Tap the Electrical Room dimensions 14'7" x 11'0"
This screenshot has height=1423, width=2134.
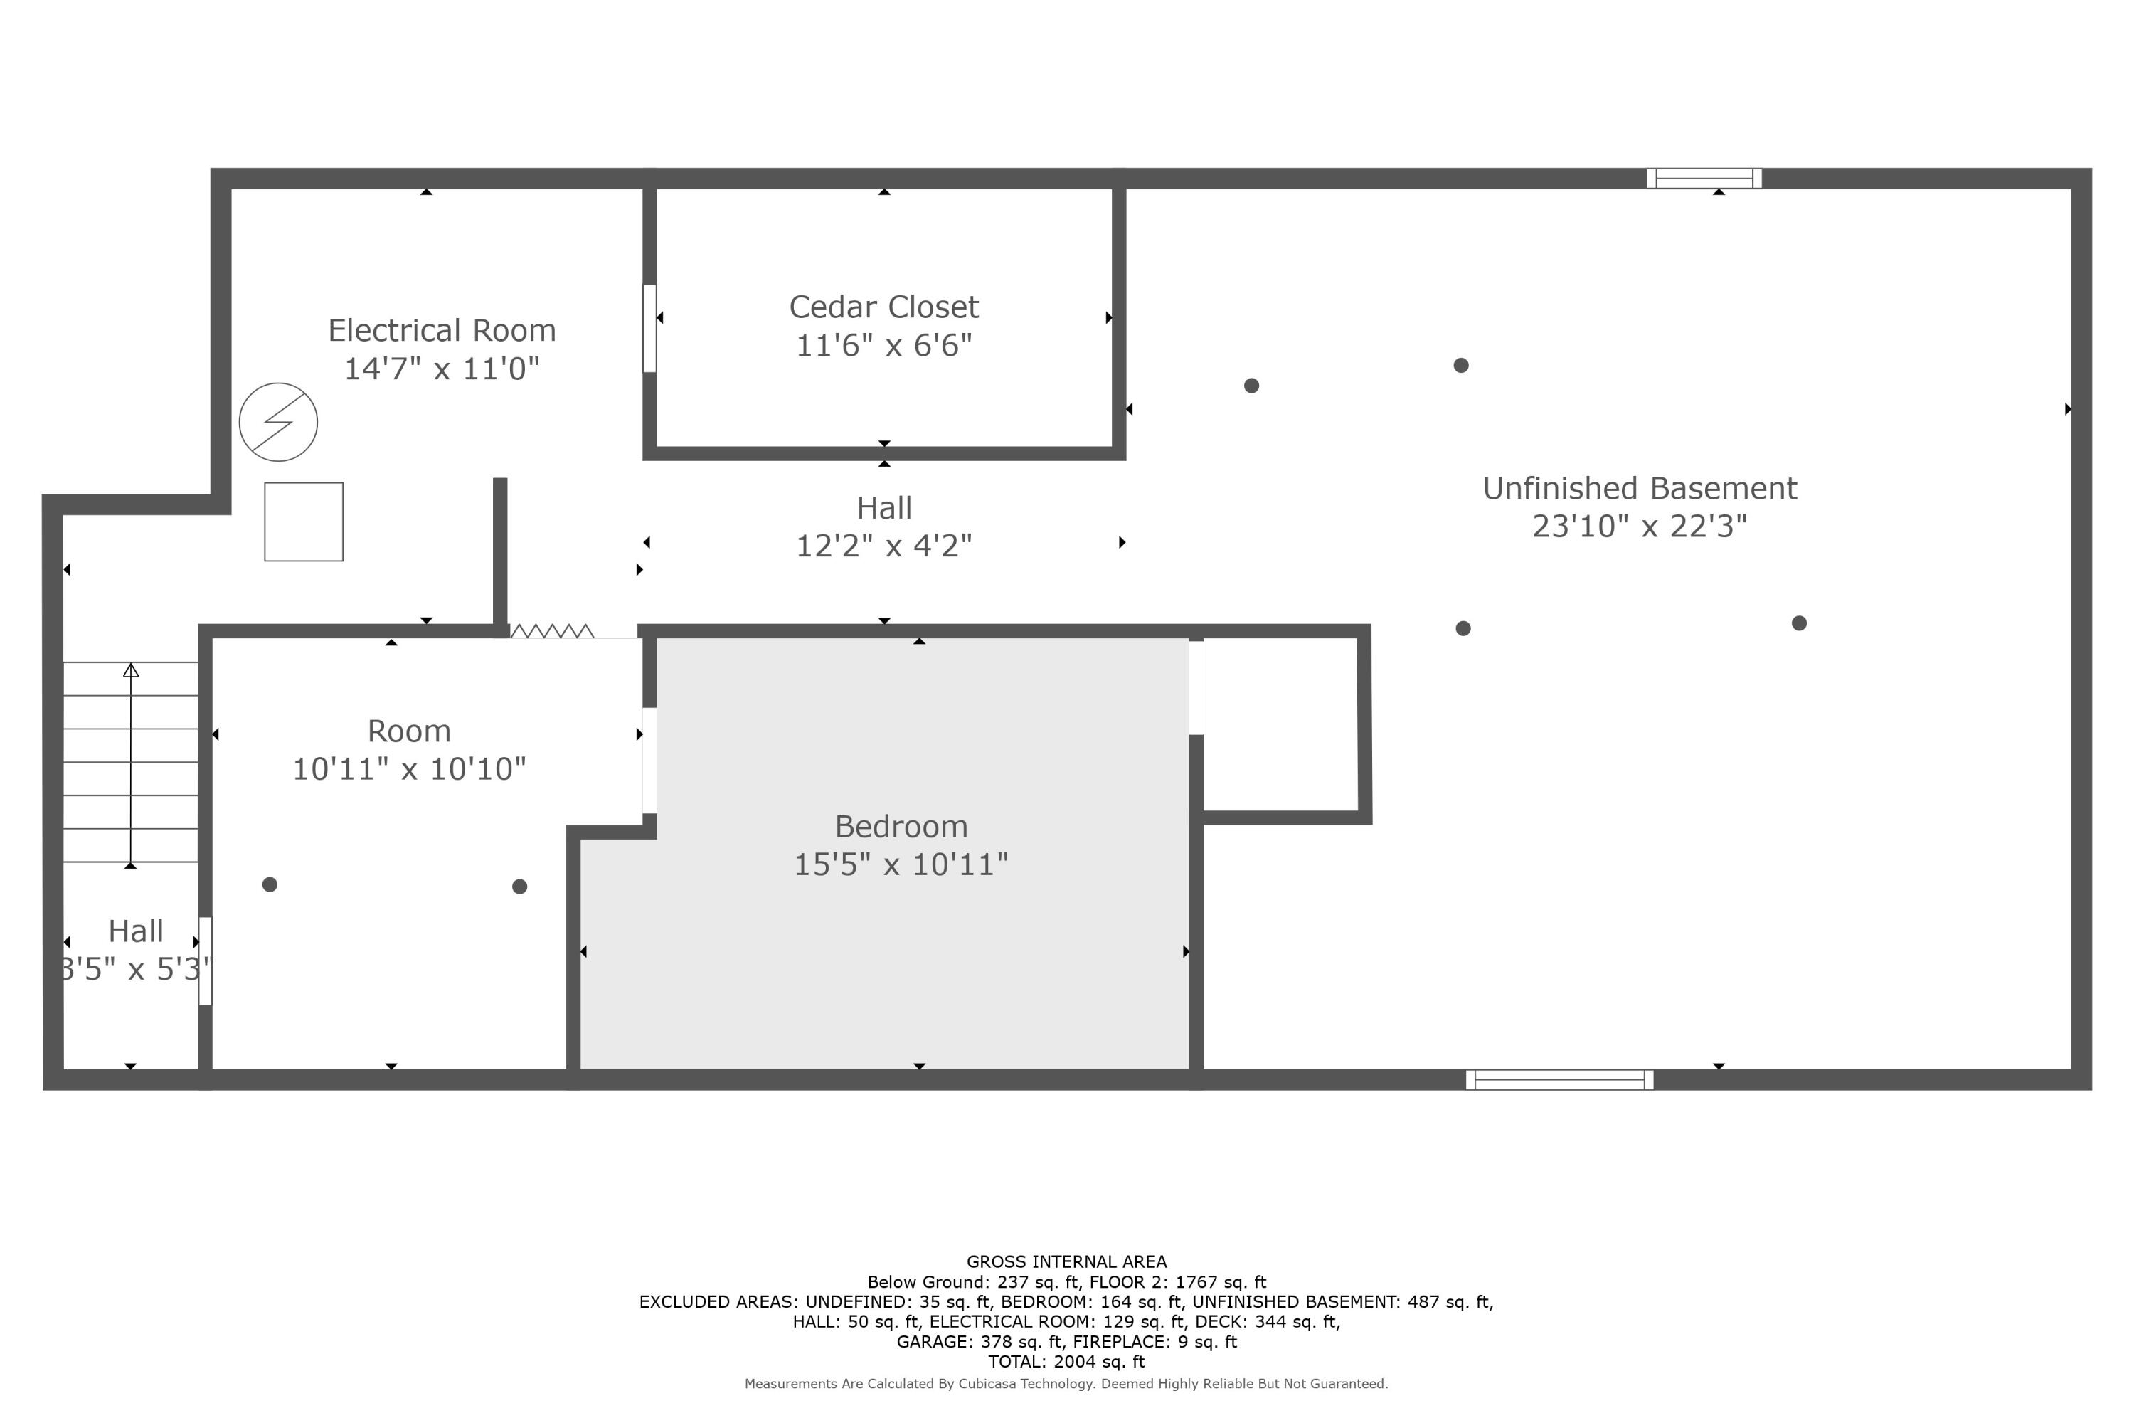(442, 369)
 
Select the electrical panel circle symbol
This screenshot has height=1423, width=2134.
(279, 422)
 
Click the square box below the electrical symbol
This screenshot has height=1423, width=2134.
(304, 522)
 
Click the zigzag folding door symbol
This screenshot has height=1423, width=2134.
(552, 630)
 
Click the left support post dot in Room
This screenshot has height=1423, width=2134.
(270, 885)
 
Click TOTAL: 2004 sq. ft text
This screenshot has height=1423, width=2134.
(1066, 1361)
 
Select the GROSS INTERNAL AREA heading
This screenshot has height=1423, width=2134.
(1066, 1261)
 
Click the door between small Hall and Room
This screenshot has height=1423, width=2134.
(205, 961)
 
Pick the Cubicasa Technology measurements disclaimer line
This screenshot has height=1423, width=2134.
(1066, 1384)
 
